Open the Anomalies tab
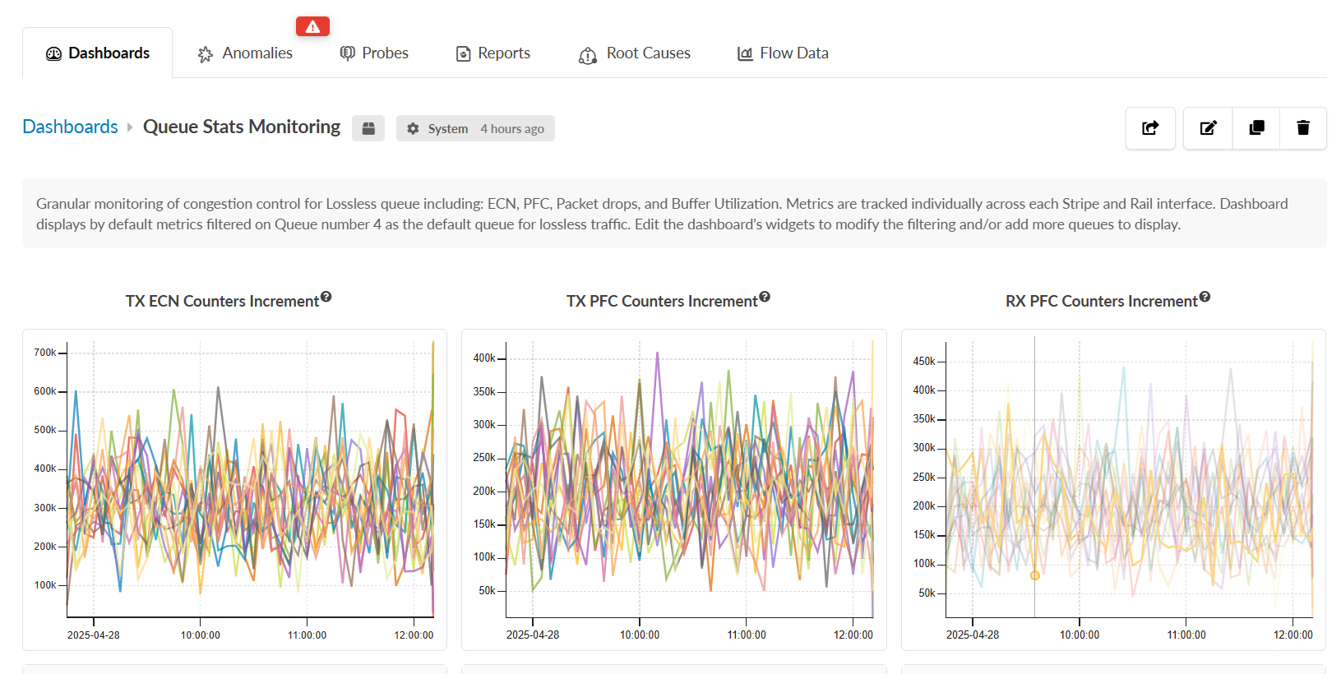(246, 53)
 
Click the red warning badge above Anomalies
(312, 26)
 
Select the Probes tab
(374, 53)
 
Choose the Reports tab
(493, 53)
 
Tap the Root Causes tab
(635, 53)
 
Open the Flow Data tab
(783, 53)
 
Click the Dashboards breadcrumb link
(71, 127)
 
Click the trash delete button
(1303, 128)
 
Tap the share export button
(1150, 128)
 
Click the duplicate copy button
(1256, 128)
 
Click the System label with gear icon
(437, 129)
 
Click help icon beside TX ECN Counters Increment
(326, 297)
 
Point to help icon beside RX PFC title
(1205, 297)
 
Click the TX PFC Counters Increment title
(662, 302)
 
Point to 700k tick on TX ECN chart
(45, 353)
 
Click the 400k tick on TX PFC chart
(484, 358)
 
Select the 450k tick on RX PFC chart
(924, 362)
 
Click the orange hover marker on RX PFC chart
(1035, 575)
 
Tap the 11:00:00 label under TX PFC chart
(747, 635)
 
